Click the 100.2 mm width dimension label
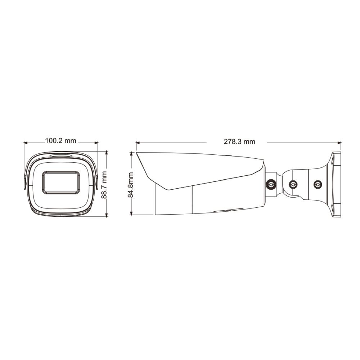point(60,140)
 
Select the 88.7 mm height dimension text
point(104,185)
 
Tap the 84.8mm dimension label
point(131,185)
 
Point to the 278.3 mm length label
point(239,141)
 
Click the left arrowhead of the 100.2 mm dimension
point(26,143)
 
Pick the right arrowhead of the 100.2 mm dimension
point(96,143)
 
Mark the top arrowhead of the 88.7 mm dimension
point(106,153)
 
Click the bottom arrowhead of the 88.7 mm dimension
point(106,215)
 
